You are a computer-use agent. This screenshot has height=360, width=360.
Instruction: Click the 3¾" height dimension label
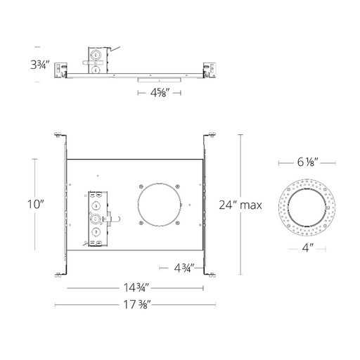(x=40, y=65)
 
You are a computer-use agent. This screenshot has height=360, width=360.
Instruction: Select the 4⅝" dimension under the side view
(x=159, y=93)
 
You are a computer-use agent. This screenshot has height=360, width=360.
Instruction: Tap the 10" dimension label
(x=36, y=205)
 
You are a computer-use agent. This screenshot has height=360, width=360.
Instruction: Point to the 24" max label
(x=240, y=205)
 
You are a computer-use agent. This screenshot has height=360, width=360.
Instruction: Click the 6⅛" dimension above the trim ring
(x=307, y=162)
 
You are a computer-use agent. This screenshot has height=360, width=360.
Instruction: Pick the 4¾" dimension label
(x=184, y=268)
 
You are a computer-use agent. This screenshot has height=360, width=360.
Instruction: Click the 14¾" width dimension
(x=136, y=288)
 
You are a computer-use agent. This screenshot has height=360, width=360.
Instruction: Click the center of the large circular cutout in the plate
(x=159, y=205)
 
